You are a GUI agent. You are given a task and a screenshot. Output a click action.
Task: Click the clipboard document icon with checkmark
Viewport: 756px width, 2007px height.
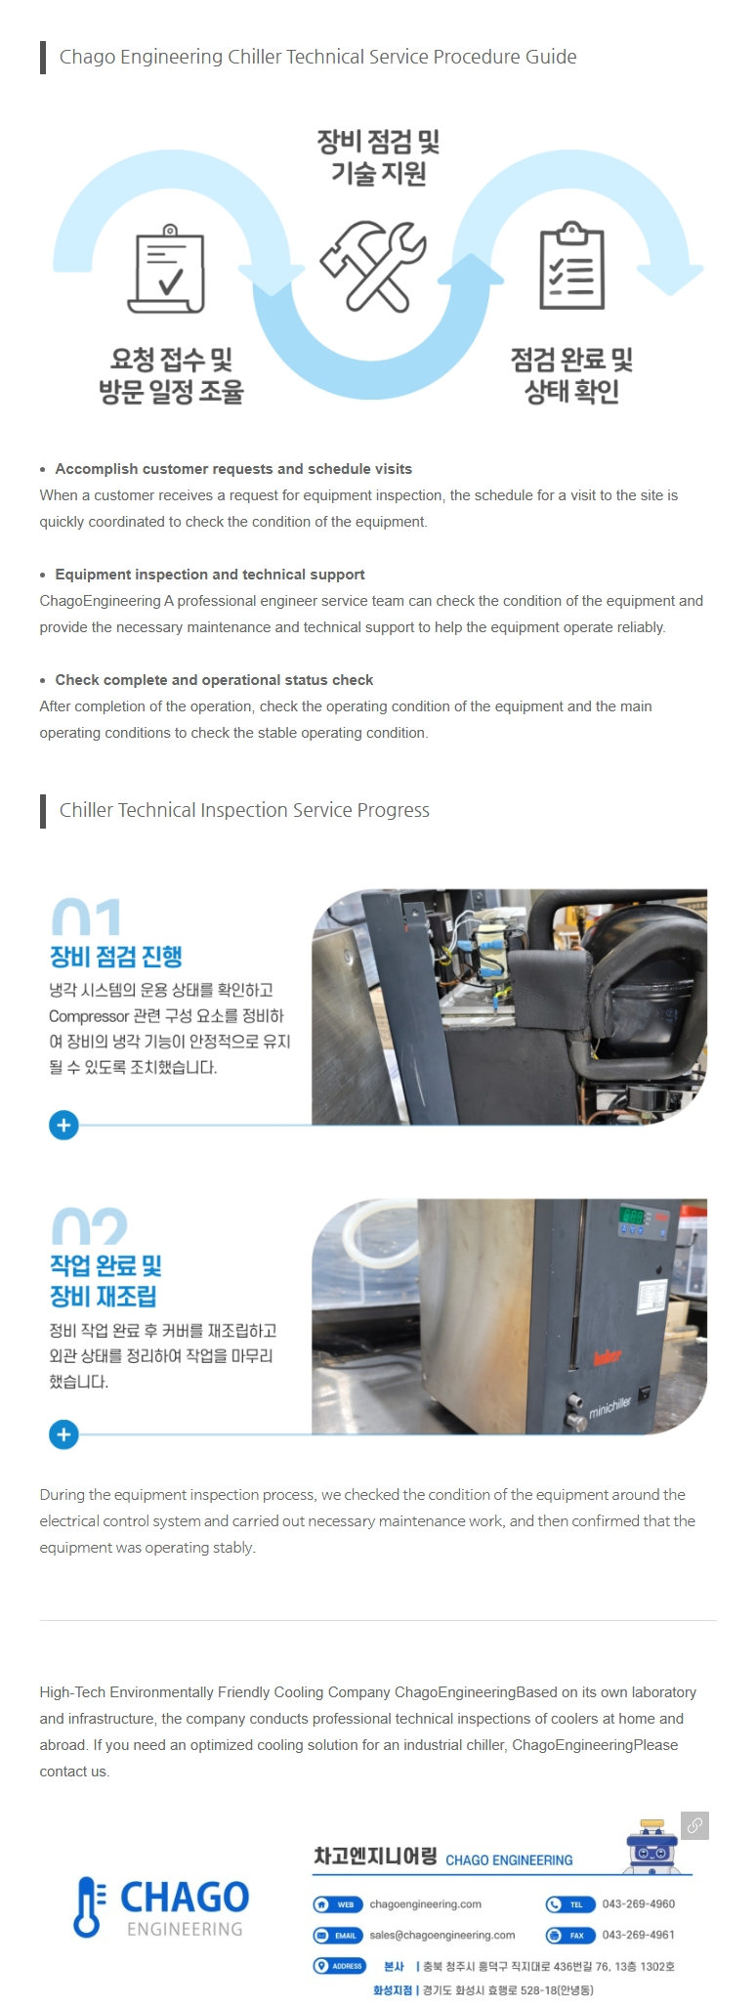(167, 269)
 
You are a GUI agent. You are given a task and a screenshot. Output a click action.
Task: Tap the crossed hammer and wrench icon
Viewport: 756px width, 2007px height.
(373, 266)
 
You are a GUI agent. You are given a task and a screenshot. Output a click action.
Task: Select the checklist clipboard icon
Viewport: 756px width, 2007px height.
(572, 265)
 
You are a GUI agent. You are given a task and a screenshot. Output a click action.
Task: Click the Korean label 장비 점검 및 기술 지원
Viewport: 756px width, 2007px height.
(378, 157)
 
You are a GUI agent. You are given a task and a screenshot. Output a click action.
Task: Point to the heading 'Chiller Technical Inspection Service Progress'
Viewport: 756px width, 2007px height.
(244, 810)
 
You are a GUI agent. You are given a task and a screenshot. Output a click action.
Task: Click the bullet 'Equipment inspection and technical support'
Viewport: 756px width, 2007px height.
(210, 575)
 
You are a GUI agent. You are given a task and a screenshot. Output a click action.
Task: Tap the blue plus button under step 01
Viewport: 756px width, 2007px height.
(63, 1125)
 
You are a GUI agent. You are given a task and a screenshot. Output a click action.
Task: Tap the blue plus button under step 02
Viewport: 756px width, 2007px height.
(63, 1434)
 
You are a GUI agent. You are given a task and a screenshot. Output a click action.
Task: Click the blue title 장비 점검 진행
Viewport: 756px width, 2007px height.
(116, 957)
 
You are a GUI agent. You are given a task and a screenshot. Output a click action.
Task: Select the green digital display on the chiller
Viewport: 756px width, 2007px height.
(632, 1217)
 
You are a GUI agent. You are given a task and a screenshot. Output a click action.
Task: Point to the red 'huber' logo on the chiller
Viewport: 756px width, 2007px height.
(608, 1357)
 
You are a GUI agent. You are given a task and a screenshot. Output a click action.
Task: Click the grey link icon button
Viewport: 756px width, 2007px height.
(694, 1825)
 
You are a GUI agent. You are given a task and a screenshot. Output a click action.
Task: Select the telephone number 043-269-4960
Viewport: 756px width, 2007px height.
(639, 1903)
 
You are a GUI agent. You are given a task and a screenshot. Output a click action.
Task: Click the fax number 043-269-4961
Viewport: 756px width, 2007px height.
(639, 1935)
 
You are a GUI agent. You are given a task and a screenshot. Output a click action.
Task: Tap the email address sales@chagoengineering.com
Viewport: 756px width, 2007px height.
(442, 1935)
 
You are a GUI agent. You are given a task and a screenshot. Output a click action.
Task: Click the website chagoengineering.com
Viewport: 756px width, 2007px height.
(426, 1903)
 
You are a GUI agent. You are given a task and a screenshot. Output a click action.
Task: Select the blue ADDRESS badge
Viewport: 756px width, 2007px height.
(340, 1966)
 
